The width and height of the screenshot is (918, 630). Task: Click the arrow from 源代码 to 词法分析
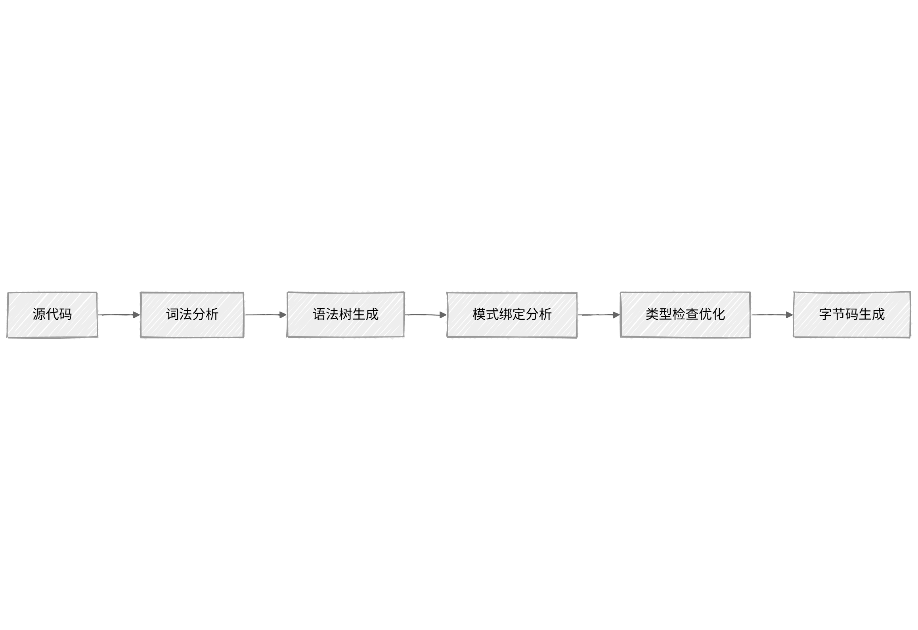pos(118,315)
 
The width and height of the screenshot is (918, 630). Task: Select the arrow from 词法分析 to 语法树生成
pos(265,315)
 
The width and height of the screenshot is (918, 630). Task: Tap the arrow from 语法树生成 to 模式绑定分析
pos(425,315)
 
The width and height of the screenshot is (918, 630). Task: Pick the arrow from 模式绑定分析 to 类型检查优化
pos(598,315)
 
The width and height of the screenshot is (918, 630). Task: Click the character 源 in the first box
pos(39,315)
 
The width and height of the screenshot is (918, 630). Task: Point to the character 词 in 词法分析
pos(172,315)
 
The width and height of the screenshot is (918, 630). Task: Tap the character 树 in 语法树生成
pos(346,315)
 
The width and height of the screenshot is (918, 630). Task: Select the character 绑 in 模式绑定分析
pos(505,315)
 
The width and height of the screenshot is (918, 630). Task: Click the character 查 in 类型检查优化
pos(692,315)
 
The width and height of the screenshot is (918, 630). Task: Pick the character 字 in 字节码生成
pos(826,315)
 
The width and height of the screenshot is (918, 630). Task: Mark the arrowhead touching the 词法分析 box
pos(136,315)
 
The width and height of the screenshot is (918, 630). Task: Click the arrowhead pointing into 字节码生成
pos(789,315)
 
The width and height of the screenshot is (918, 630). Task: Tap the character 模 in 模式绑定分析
pos(479,315)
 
